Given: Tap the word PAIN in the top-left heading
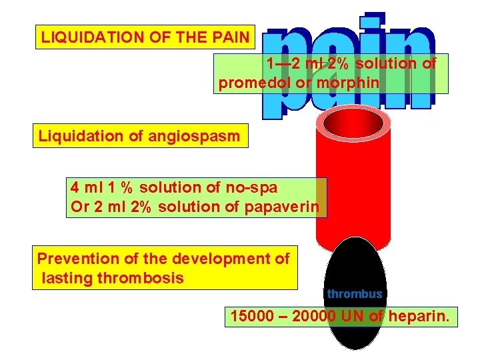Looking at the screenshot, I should (229, 37).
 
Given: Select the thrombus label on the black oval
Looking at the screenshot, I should (355, 294).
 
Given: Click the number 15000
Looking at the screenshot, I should (252, 316).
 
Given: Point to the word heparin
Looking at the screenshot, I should (420, 316).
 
